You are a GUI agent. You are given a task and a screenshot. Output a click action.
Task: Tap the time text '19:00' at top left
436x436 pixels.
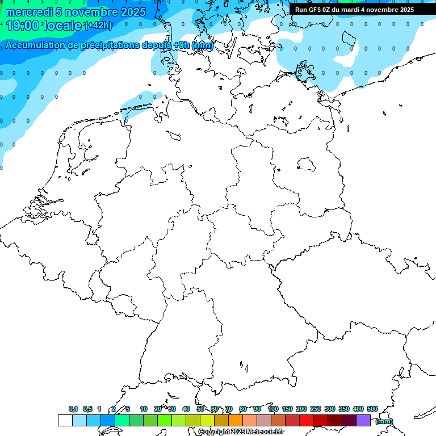(x=22, y=26)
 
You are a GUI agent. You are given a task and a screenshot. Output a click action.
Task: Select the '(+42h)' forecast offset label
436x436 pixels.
(x=98, y=26)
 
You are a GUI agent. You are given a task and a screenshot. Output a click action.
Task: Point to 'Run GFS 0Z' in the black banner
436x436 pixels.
(x=313, y=10)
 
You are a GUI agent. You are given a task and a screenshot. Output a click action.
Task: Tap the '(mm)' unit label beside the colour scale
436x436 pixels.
(x=384, y=421)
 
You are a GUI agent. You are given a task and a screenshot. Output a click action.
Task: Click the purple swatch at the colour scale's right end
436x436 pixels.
(x=363, y=420)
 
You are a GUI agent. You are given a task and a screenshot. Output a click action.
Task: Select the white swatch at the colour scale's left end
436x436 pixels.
(x=65, y=420)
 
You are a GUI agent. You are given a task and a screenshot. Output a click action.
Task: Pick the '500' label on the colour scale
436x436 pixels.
(x=372, y=409)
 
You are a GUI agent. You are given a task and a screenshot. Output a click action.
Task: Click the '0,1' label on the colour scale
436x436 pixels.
(x=73, y=409)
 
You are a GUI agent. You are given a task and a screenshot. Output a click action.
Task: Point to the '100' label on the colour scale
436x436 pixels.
(x=273, y=409)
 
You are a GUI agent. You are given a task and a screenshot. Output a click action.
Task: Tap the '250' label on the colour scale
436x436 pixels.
(x=316, y=409)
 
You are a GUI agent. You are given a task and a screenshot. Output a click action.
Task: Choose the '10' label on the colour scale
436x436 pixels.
(x=144, y=409)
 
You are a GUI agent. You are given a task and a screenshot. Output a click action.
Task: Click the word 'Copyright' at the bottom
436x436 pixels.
(x=213, y=432)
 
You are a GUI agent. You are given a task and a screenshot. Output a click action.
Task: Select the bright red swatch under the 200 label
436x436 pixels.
(x=307, y=420)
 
